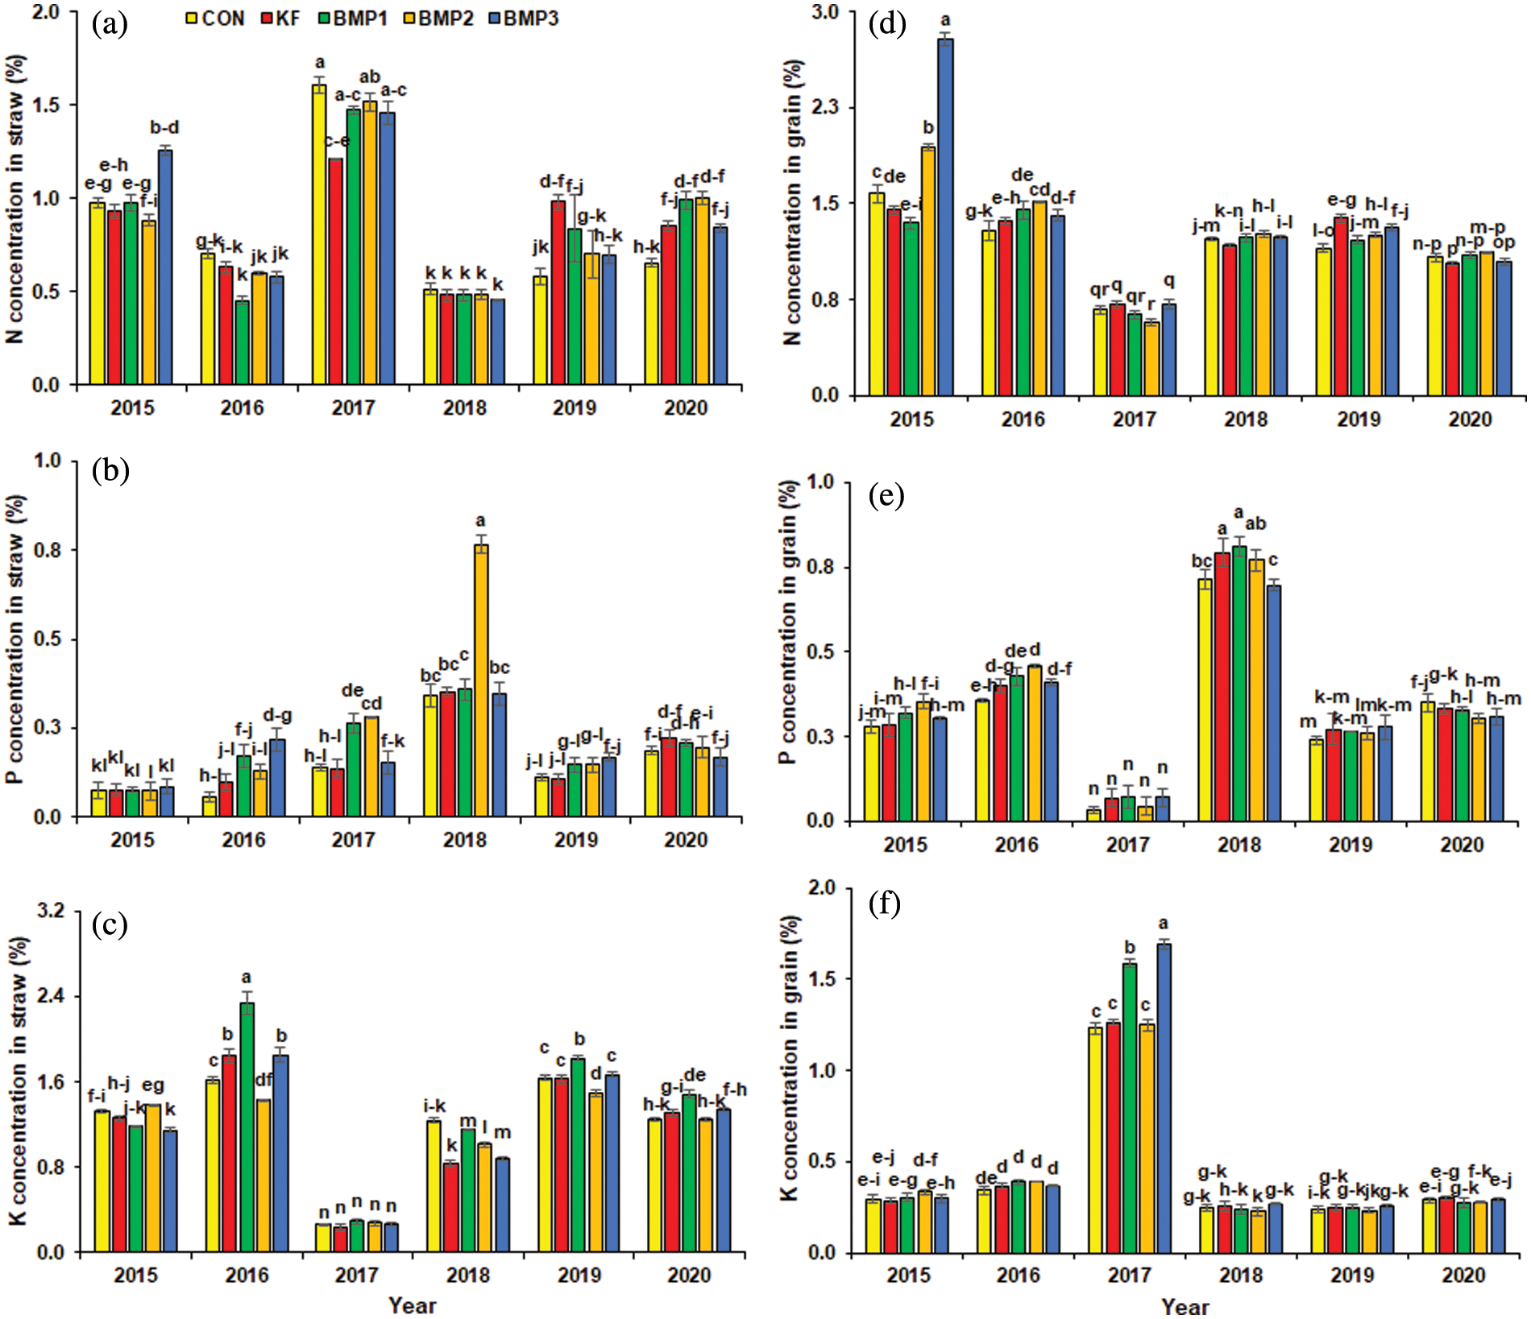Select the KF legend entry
pos(280,18)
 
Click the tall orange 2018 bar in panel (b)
pos(481,680)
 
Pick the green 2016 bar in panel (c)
pos(247,1127)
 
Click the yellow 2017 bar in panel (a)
pos(319,234)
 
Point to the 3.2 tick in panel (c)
pos(52,911)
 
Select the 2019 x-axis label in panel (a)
pos(575,408)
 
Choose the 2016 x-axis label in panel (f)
pos(1018,1276)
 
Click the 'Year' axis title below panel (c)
pos(412,1305)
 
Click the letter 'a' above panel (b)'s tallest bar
pos(481,521)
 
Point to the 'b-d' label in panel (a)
pos(164,127)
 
